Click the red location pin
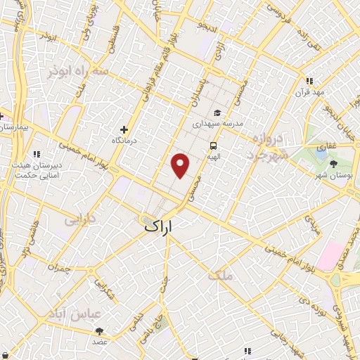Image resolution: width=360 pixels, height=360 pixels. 181,166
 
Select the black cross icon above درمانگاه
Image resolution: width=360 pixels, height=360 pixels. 124,129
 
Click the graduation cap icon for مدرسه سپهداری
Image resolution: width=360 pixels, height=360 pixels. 218,112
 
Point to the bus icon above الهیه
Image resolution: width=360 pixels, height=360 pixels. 212,146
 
